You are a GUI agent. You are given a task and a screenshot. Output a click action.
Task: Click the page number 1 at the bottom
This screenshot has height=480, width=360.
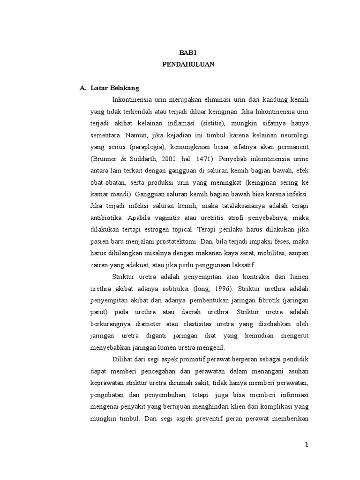coord(306,445)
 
